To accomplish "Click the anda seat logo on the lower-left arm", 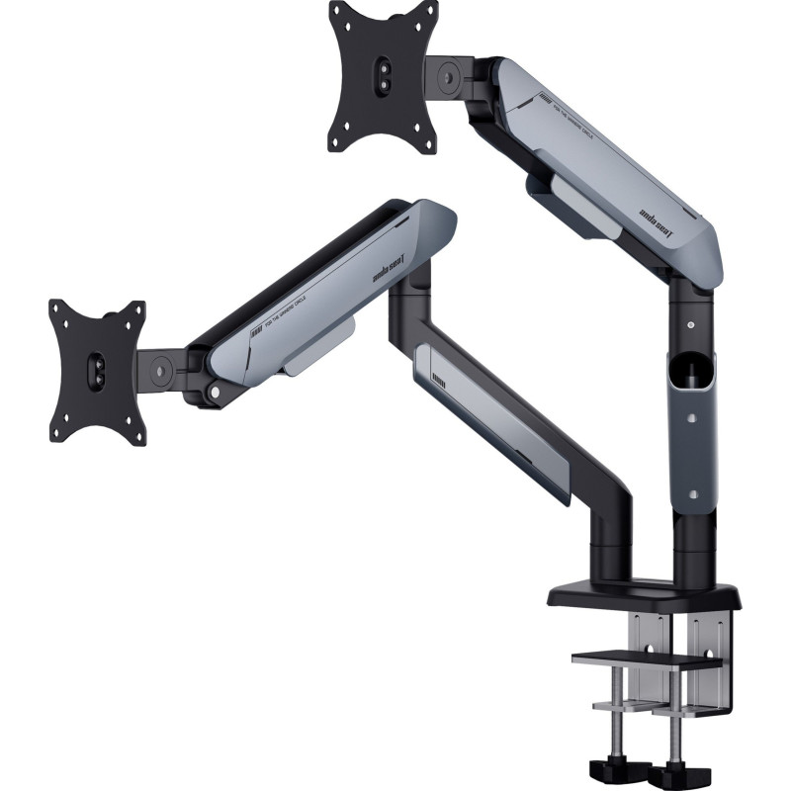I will pyautogui.click(x=393, y=273).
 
